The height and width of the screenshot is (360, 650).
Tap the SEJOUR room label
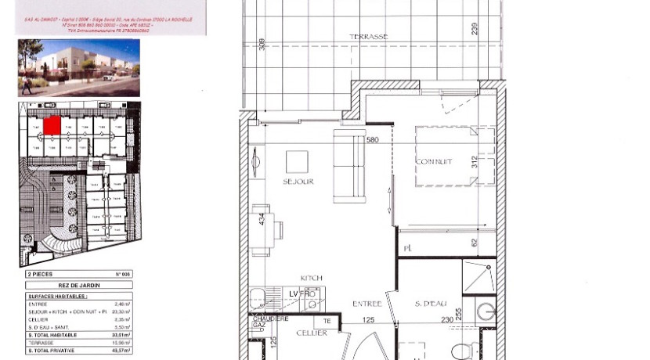pos(298,181)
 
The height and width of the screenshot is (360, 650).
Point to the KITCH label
pos(312,278)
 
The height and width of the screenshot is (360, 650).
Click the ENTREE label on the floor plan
pos(367,304)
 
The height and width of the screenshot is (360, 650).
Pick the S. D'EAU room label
pos(430,304)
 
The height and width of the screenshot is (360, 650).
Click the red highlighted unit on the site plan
pos(52,124)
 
